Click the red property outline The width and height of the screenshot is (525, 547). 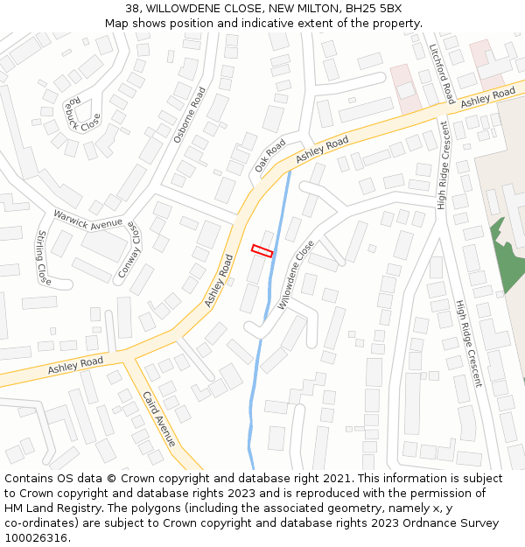click(262, 251)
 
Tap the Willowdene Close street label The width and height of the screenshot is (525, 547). click(296, 276)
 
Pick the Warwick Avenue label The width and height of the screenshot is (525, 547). click(88, 219)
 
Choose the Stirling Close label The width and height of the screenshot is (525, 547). click(42, 258)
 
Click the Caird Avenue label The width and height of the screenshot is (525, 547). click(159, 418)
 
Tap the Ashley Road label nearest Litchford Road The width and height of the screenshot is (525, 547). click(488, 97)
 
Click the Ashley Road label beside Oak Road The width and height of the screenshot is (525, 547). click(321, 149)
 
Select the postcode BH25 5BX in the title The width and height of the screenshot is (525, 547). click(374, 9)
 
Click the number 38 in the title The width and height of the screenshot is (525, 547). click(132, 9)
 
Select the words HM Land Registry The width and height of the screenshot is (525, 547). click(52, 508)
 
